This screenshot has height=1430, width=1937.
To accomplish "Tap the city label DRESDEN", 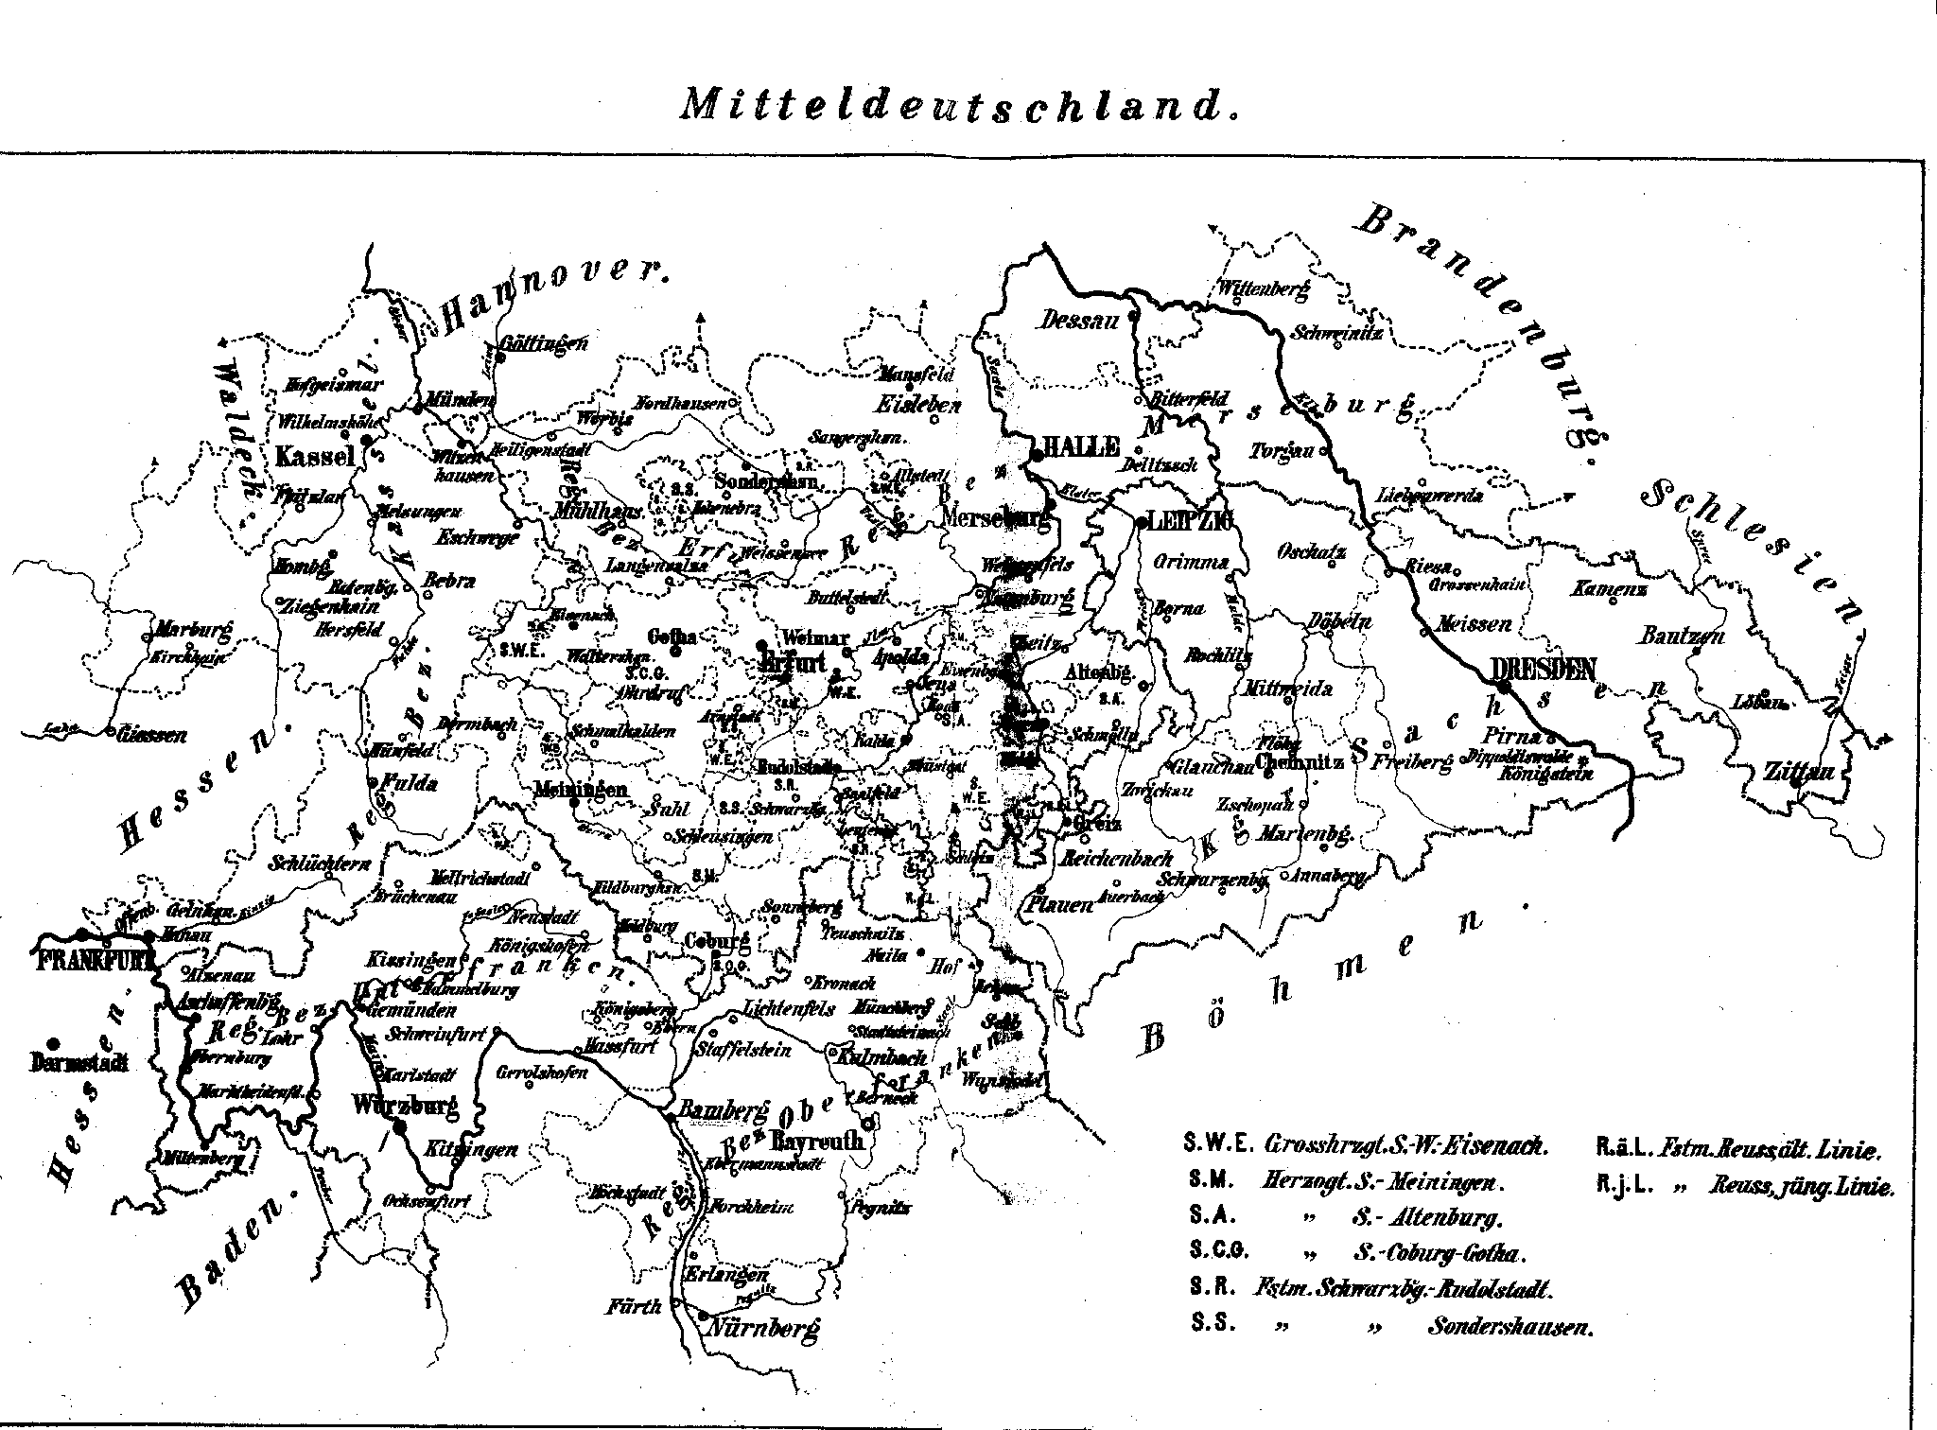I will (1544, 669).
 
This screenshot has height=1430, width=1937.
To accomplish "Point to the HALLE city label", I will (1080, 447).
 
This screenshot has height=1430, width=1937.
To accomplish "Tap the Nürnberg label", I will (761, 1327).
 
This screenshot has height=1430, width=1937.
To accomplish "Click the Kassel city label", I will (315, 456).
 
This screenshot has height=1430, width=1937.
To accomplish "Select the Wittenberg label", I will (1263, 289).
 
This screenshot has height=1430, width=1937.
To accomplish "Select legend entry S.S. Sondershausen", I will (1390, 1326).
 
